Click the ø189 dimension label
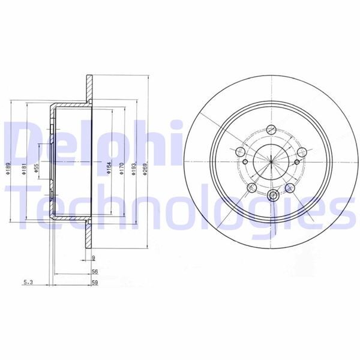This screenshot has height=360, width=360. pyautogui.click(x=8, y=170)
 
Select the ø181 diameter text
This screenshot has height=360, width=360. pyautogui.click(x=23, y=170)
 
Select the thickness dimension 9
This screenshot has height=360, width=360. pyautogui.click(x=94, y=258)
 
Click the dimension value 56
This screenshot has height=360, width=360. pyautogui.click(x=95, y=271)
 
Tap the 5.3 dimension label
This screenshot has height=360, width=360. pyautogui.click(x=28, y=281)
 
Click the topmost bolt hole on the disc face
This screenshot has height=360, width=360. pyautogui.click(x=271, y=128)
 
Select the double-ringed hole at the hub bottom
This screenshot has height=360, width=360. pyautogui.click(x=274, y=194)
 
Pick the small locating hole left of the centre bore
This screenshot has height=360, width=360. pyautogui.click(x=245, y=161)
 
